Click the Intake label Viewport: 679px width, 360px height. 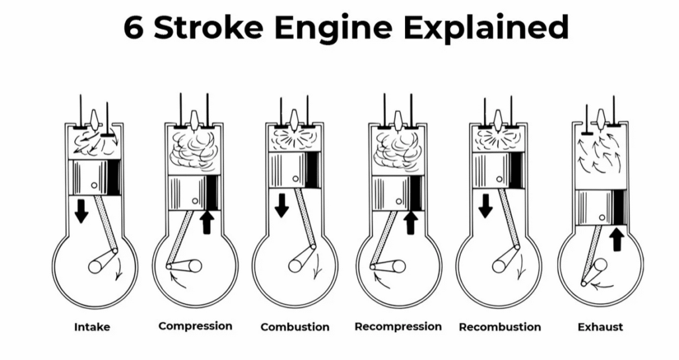pos(92,327)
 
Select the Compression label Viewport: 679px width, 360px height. pos(195,326)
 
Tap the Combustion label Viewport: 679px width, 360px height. pos(294,327)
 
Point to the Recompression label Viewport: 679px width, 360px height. pos(398,326)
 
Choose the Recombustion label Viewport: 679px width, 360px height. pos(499,327)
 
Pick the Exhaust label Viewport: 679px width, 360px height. pos(600,327)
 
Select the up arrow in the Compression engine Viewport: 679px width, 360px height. pos(206,221)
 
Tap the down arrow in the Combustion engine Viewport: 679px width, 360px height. pos(282,205)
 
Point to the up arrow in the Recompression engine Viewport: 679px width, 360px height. pos(410,221)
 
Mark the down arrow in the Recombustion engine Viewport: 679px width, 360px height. pos(485,205)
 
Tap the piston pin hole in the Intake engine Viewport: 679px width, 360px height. pos(95,184)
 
